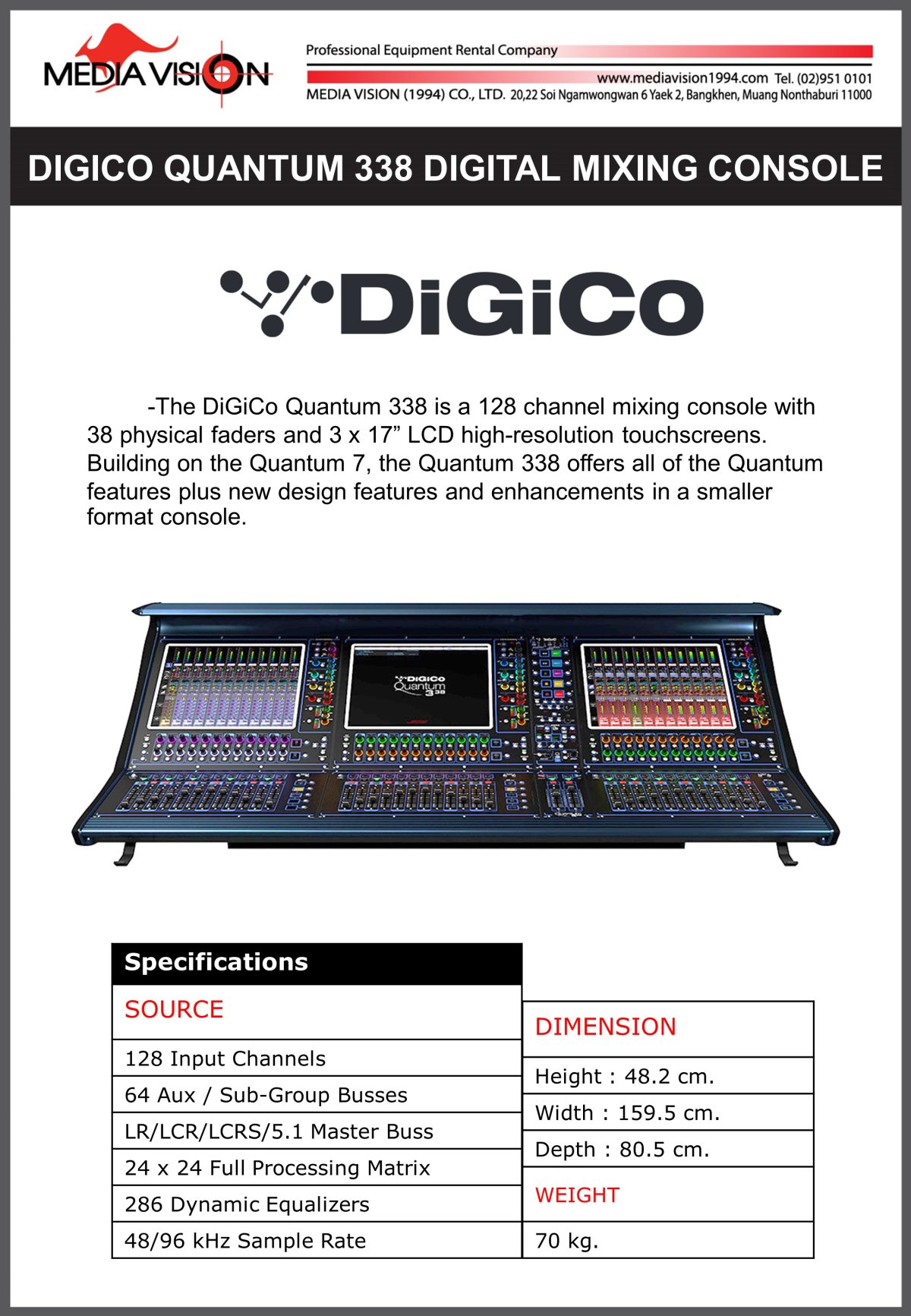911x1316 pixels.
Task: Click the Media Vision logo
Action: point(157,68)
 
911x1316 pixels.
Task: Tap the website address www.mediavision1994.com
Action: point(682,78)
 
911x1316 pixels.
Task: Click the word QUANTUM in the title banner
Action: point(254,168)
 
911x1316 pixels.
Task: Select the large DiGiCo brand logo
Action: point(462,304)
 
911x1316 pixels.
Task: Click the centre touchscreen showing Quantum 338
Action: point(419,686)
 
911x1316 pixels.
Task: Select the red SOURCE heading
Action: point(175,1010)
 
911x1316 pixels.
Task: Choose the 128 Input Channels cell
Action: point(225,1059)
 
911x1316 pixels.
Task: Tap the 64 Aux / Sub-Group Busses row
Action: point(266,1095)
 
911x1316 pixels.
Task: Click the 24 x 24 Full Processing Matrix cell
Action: point(277,1168)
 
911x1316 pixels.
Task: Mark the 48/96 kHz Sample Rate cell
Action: point(245,1241)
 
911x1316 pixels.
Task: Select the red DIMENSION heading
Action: point(605,1027)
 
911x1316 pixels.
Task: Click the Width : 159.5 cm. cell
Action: point(627,1113)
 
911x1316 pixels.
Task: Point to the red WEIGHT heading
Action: point(577,1195)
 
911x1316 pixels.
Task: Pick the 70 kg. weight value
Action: point(567,1241)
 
